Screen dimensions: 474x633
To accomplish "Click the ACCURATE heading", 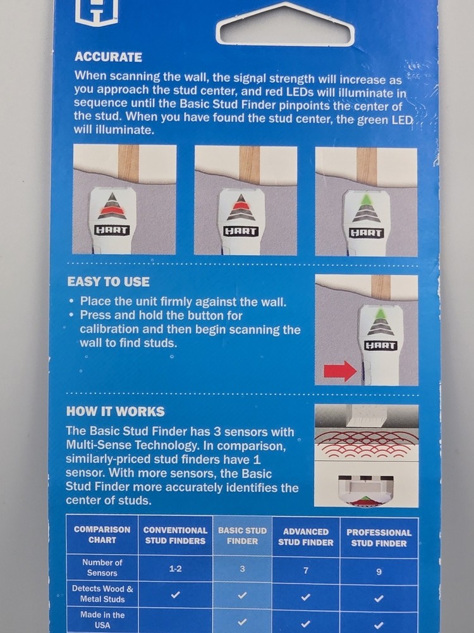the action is point(108,57).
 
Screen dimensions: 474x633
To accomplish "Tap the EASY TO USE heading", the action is point(108,282).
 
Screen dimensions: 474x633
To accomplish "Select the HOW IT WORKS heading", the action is point(115,411).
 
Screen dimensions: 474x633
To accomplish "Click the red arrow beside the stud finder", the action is point(340,371).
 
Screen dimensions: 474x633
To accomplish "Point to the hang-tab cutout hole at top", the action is point(286,25).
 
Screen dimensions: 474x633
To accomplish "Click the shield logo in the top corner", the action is point(97,12).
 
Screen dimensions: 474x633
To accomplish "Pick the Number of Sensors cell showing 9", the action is point(379,572).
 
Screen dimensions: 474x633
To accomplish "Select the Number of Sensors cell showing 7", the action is point(306,570).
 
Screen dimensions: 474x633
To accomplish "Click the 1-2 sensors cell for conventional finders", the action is point(175,569).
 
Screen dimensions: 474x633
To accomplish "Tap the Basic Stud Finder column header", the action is point(242,536).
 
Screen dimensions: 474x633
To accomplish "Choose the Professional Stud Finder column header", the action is point(379,537).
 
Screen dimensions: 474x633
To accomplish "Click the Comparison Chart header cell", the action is point(102,534).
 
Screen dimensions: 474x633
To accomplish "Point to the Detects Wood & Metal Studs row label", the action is point(102,594).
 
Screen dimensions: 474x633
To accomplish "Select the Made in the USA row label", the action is point(102,620).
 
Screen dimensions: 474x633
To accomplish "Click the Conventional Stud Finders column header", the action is point(175,536).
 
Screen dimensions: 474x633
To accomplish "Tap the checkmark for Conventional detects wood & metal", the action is point(175,594).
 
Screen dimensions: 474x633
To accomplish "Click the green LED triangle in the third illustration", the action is point(367,200).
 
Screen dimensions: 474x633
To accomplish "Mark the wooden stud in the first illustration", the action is point(128,164).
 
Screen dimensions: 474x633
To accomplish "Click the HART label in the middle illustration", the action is point(241,231).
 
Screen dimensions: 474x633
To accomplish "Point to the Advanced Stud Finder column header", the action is point(306,537).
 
